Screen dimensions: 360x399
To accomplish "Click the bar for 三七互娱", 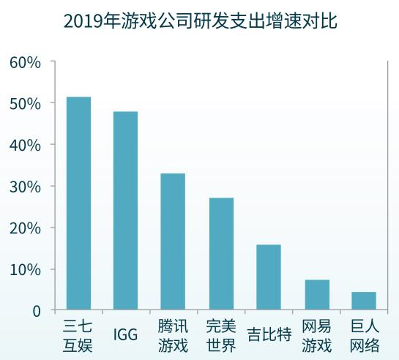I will (78, 203).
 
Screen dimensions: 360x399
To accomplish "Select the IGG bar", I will (126, 211).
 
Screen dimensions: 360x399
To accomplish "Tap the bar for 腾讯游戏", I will (173, 241).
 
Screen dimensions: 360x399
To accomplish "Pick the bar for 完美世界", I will (221, 254).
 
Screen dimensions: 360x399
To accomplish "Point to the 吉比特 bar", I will (269, 277).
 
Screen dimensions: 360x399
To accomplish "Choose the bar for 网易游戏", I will (317, 295).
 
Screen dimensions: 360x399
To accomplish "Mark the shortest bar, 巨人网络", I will (364, 301).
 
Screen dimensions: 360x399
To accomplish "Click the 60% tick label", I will (25, 62).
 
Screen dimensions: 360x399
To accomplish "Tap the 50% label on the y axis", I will (25, 103).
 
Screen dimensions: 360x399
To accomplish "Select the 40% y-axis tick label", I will (25, 145).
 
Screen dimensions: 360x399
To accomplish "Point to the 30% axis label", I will (25, 187).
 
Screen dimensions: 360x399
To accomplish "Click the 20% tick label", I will (25, 228).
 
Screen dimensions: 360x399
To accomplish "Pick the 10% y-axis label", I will (25, 269).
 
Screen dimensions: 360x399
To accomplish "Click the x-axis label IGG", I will (126, 335).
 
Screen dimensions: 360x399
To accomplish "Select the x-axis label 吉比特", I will (269, 335).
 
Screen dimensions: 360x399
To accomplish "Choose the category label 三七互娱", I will (78, 335).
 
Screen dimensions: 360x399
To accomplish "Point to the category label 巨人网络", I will (365, 335).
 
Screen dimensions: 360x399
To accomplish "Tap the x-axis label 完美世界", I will (221, 335).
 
